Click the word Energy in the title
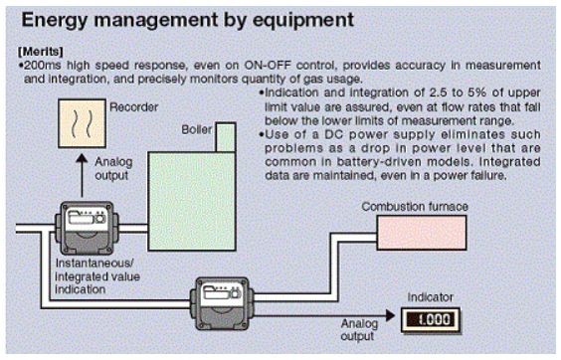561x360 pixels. [x=55, y=21]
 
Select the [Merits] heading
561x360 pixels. [x=41, y=52]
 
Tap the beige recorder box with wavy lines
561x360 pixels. [x=82, y=123]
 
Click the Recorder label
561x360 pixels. [x=134, y=107]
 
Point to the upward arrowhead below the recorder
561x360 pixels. [x=82, y=159]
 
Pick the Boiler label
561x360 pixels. [x=196, y=129]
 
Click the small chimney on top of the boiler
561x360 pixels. [x=226, y=137]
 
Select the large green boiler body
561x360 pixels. [x=192, y=201]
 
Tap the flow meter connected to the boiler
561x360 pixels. [x=87, y=228]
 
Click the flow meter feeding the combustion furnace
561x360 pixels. [x=222, y=303]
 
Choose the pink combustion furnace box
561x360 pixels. [x=422, y=233]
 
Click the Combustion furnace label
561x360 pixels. [x=415, y=207]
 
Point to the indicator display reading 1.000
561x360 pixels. [x=431, y=320]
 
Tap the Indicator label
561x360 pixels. [x=431, y=297]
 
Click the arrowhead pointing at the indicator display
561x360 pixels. [x=390, y=315]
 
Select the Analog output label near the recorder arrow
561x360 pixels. [x=113, y=168]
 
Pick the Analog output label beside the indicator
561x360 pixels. [x=359, y=329]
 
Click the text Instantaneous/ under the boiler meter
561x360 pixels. [x=94, y=263]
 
